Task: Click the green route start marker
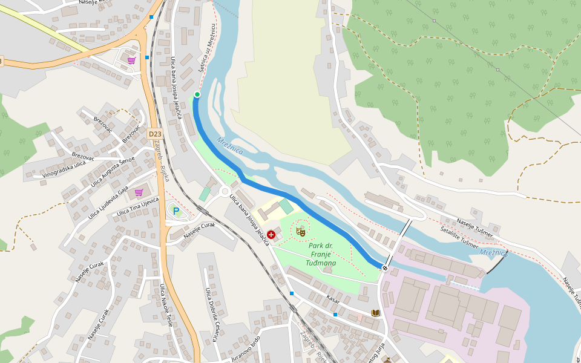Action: coord(197,94)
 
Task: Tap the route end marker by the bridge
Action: coord(385,268)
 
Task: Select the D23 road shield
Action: coord(155,134)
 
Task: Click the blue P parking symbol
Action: coord(176,211)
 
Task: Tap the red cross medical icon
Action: coord(271,234)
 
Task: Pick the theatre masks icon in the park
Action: coord(300,230)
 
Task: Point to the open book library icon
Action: coord(376,313)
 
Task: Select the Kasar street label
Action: coord(333,299)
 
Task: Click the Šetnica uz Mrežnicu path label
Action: coord(207,48)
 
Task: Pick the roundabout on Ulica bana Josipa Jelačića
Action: coord(225,192)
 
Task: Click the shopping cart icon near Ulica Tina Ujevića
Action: coord(139,192)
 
